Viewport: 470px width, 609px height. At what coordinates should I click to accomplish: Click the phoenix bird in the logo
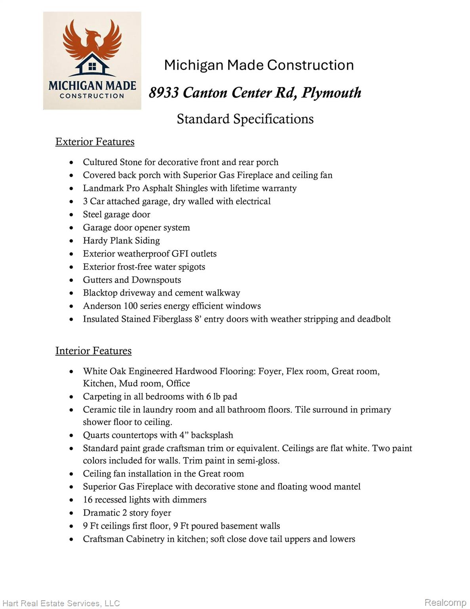pos(92,40)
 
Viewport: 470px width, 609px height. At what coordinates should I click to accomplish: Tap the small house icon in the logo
pos(92,66)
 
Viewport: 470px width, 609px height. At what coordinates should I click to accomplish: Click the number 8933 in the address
pos(164,93)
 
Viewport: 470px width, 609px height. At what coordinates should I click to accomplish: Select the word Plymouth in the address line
pos(331,93)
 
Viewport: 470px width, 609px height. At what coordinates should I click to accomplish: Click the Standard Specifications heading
pos(245,119)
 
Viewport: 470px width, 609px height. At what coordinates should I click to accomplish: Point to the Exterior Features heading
pos(95,142)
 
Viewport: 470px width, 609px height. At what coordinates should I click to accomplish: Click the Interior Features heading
pos(93,351)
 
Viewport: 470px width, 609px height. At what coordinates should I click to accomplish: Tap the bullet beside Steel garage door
pos(71,215)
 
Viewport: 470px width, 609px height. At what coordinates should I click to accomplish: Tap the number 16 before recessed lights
pos(88,500)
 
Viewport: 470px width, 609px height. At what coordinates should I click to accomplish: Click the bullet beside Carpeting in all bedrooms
pos(71,397)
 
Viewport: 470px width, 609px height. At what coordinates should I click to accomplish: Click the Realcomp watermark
pos(445,603)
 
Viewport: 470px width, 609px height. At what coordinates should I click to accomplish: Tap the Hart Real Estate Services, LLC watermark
pos(61,603)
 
